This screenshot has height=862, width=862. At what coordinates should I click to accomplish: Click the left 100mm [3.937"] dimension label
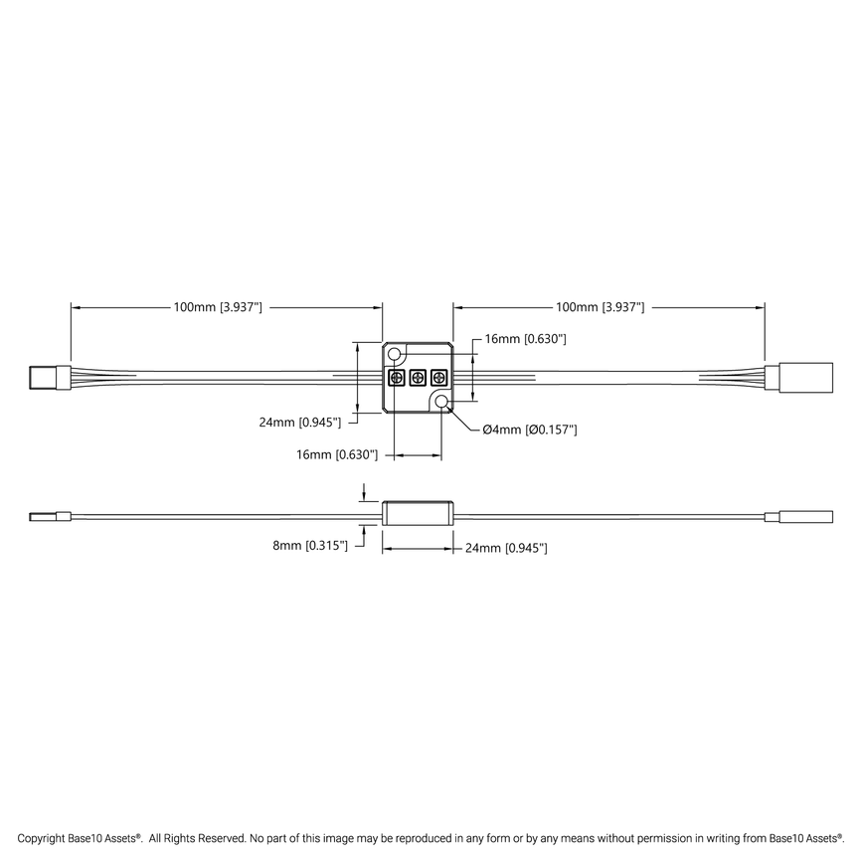(218, 308)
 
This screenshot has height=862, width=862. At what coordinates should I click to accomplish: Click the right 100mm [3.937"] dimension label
(600, 308)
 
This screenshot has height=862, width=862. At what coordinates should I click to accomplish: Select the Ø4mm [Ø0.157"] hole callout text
(530, 430)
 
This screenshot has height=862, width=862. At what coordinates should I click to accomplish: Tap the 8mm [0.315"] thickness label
(310, 546)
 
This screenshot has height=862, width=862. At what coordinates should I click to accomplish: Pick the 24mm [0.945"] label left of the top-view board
(300, 422)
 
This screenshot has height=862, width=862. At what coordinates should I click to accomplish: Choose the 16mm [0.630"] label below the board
(337, 454)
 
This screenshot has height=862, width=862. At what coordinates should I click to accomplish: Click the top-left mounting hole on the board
(396, 355)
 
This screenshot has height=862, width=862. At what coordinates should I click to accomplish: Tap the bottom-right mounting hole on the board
(441, 402)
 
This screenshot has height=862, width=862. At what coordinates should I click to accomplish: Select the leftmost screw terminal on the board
(396, 378)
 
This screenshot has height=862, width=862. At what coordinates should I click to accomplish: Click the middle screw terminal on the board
(418, 378)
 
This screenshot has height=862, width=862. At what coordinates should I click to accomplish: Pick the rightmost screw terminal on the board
(439, 378)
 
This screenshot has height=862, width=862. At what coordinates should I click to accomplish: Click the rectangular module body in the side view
(418, 515)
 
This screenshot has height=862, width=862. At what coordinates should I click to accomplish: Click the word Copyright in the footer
(41, 838)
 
